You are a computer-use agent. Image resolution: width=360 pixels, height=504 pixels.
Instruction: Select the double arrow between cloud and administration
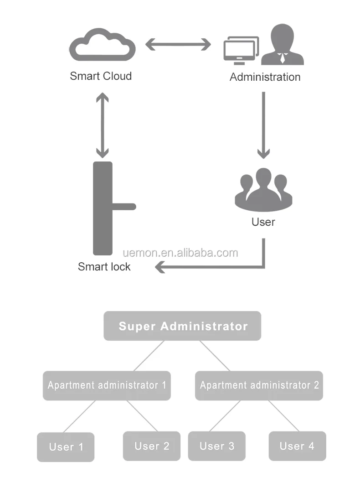pyautogui.click(x=178, y=44)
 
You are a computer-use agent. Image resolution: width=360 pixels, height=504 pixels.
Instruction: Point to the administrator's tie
pyautogui.click(x=282, y=58)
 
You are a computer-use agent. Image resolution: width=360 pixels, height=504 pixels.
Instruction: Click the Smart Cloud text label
pyautogui.click(x=101, y=76)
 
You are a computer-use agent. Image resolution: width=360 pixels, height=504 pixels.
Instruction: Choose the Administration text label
pyautogui.click(x=265, y=77)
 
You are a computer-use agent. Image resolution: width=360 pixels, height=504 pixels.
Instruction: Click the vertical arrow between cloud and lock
pyautogui.click(x=103, y=125)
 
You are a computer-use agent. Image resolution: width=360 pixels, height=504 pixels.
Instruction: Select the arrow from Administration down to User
pyautogui.click(x=264, y=125)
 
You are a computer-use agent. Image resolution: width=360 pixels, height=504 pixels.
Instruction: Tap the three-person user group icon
pyautogui.click(x=264, y=190)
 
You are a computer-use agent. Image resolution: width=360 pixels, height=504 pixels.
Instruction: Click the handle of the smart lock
pyautogui.click(x=124, y=207)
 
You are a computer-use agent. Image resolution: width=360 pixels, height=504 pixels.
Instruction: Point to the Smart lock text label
pyautogui.click(x=104, y=267)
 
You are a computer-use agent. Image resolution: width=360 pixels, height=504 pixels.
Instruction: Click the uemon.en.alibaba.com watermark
pyautogui.click(x=180, y=253)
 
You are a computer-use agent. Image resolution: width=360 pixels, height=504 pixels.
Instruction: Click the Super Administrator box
pyautogui.click(x=182, y=326)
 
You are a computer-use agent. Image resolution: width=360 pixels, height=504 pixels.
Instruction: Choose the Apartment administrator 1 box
pyautogui.click(x=107, y=385)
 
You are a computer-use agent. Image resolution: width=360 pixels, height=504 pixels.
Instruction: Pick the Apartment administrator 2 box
pyautogui.click(x=259, y=385)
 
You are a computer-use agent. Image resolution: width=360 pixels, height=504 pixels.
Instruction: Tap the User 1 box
pyautogui.click(x=66, y=447)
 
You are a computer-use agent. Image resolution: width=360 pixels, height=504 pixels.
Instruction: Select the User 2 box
pyautogui.click(x=152, y=446)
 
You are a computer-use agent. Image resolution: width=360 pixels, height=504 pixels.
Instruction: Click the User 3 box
pyautogui.click(x=217, y=446)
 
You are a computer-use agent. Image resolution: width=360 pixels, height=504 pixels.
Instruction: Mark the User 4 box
pyautogui.click(x=298, y=446)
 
